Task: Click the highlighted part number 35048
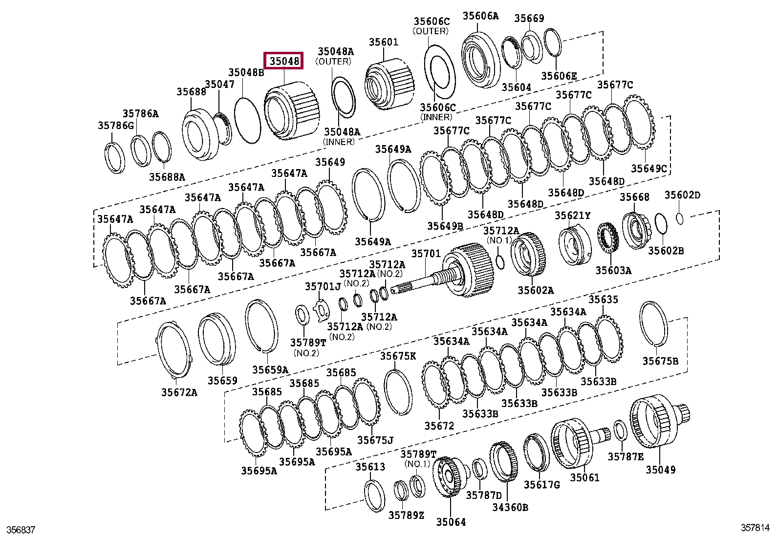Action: (x=283, y=62)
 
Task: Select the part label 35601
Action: (x=383, y=43)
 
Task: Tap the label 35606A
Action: (x=480, y=16)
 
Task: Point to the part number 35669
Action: (x=529, y=18)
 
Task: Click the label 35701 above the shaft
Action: (x=426, y=254)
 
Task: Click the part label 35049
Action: (x=661, y=470)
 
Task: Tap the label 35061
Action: (x=584, y=477)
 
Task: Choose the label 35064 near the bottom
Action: (x=451, y=522)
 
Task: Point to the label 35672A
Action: (x=179, y=392)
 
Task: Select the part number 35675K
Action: (x=398, y=356)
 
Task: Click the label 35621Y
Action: (x=572, y=215)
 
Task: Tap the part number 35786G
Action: (x=115, y=126)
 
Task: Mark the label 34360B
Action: (x=510, y=507)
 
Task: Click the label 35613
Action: (x=370, y=467)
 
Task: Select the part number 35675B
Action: (x=660, y=361)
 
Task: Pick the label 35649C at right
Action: (x=648, y=169)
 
